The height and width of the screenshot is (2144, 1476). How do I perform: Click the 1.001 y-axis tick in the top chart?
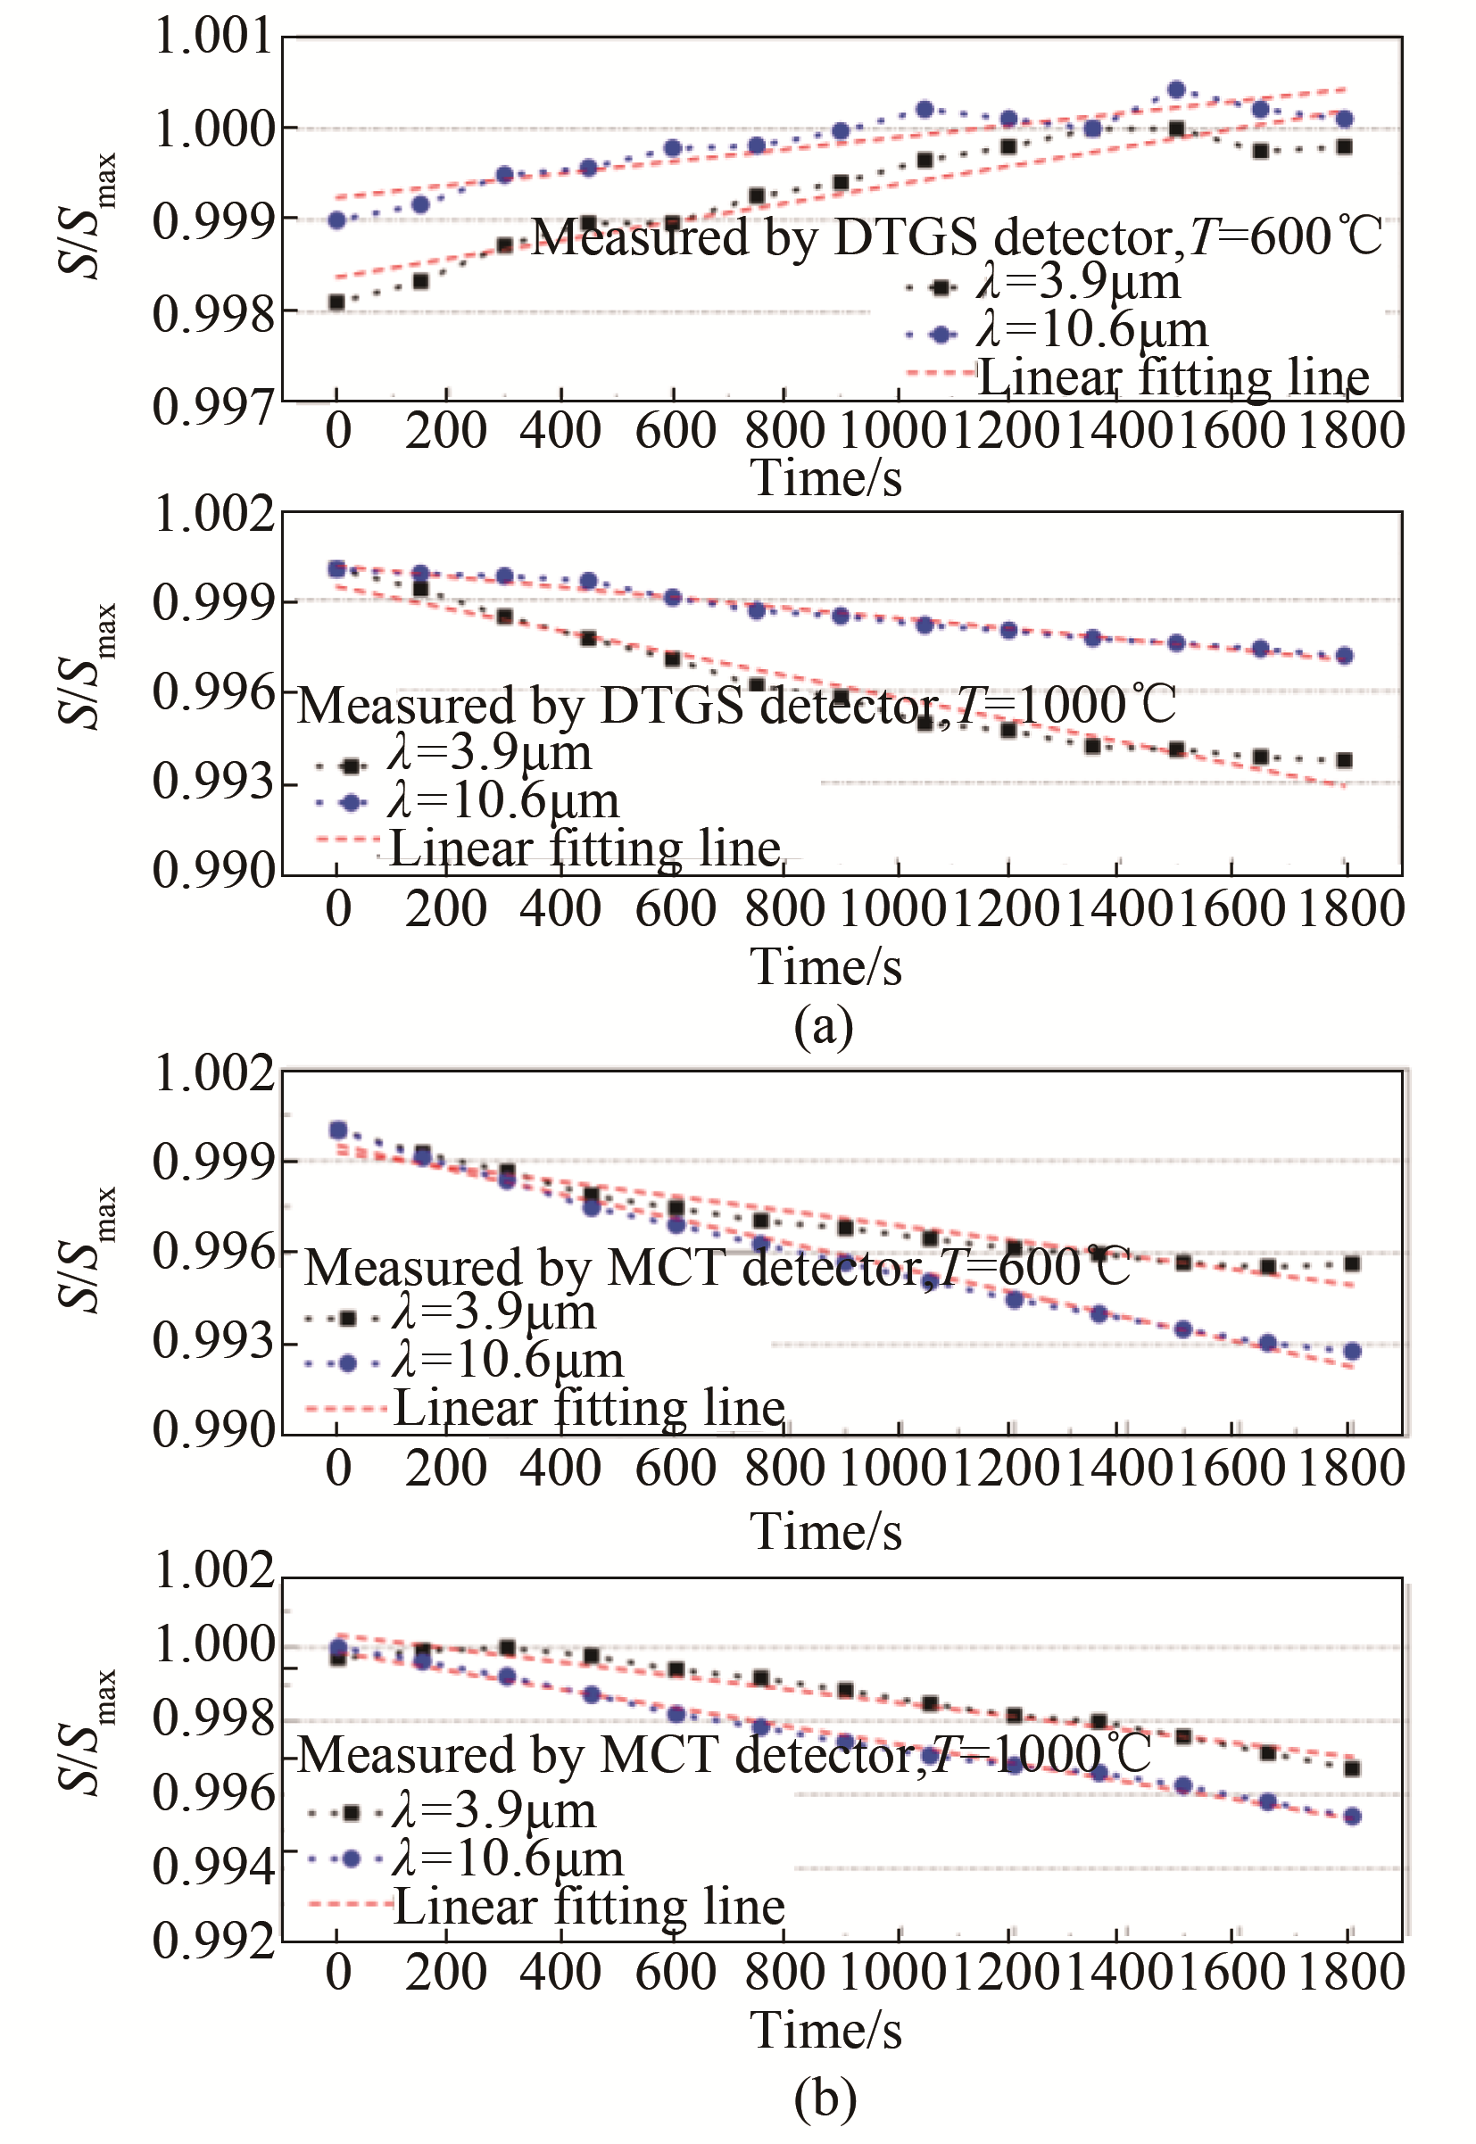tap(213, 37)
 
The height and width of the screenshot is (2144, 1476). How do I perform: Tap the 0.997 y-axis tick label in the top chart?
tap(213, 406)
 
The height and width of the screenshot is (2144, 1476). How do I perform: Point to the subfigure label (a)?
tap(823, 1026)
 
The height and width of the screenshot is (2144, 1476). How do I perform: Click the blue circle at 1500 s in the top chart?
tap(1176, 90)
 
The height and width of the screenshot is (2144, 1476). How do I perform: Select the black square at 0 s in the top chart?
tap(336, 302)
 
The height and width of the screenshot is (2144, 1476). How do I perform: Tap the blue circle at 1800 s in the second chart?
tap(1345, 656)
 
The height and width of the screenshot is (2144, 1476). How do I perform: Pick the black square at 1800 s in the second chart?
tap(1345, 760)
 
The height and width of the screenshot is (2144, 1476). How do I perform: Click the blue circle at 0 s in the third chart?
tap(338, 1130)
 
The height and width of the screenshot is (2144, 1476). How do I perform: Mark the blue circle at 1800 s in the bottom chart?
tap(1352, 1816)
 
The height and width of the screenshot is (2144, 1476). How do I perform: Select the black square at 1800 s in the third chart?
tap(1352, 1262)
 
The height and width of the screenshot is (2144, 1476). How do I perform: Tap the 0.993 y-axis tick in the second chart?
tap(213, 782)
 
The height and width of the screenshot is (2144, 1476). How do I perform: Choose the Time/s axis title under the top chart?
tap(825, 478)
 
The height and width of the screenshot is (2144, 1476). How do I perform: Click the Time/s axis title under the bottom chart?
tap(825, 2031)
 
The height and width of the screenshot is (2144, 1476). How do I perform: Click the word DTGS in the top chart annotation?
tap(906, 236)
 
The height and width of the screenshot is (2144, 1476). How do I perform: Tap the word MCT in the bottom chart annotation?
tap(662, 1754)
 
